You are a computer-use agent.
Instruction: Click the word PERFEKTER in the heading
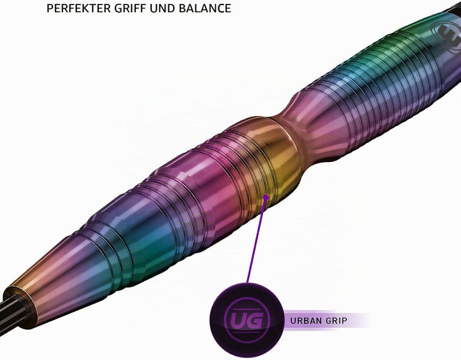click(79, 8)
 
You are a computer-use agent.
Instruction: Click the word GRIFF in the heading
click(130, 8)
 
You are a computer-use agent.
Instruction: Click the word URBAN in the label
click(307, 320)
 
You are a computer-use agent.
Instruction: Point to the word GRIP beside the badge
click(337, 320)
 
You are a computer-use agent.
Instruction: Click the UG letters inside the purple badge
click(247, 320)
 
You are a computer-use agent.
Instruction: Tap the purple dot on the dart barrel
click(266, 198)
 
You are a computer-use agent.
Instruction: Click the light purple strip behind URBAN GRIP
click(327, 320)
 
